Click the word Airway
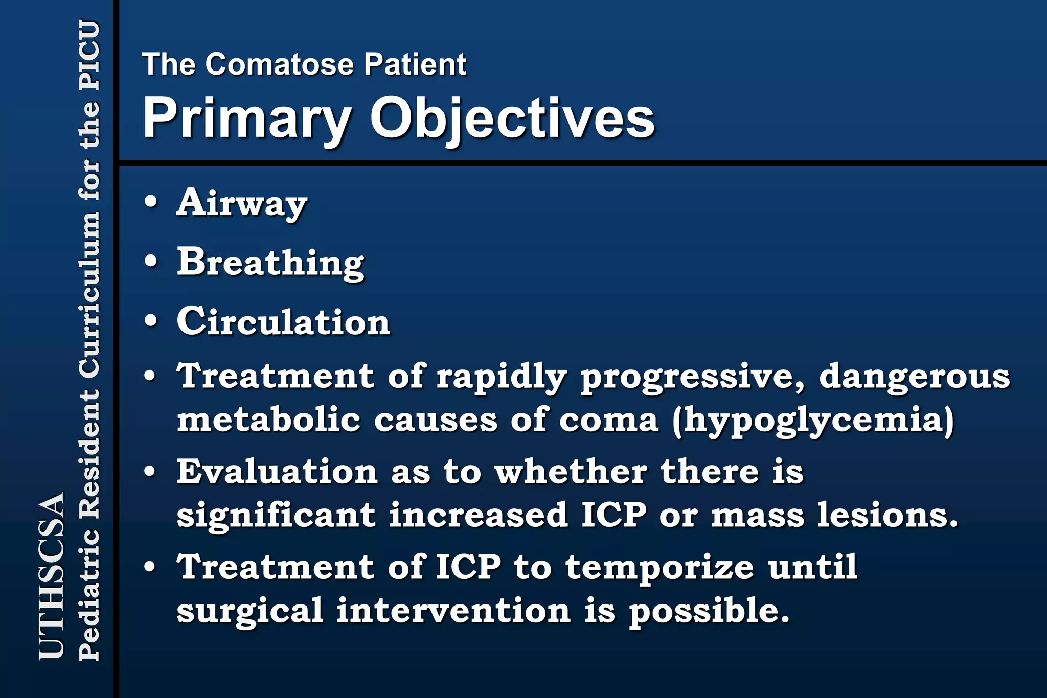[x=241, y=203]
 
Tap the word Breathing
[x=270, y=263]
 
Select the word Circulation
[x=283, y=322]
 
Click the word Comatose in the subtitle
[x=280, y=64]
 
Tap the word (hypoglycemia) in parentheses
[x=813, y=420]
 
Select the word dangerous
[x=915, y=377]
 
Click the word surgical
[x=250, y=612]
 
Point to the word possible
[x=709, y=612]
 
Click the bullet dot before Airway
[x=151, y=201]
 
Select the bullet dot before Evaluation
[x=150, y=471]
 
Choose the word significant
[x=276, y=515]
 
